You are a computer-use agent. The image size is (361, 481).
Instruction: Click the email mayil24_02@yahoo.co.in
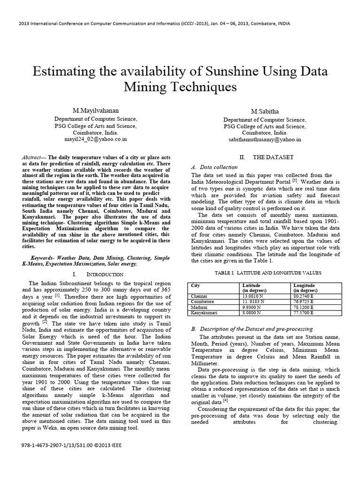[95, 140]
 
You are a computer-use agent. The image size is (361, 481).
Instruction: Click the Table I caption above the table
[262, 273]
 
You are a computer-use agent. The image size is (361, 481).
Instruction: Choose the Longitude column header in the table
[304, 286]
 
